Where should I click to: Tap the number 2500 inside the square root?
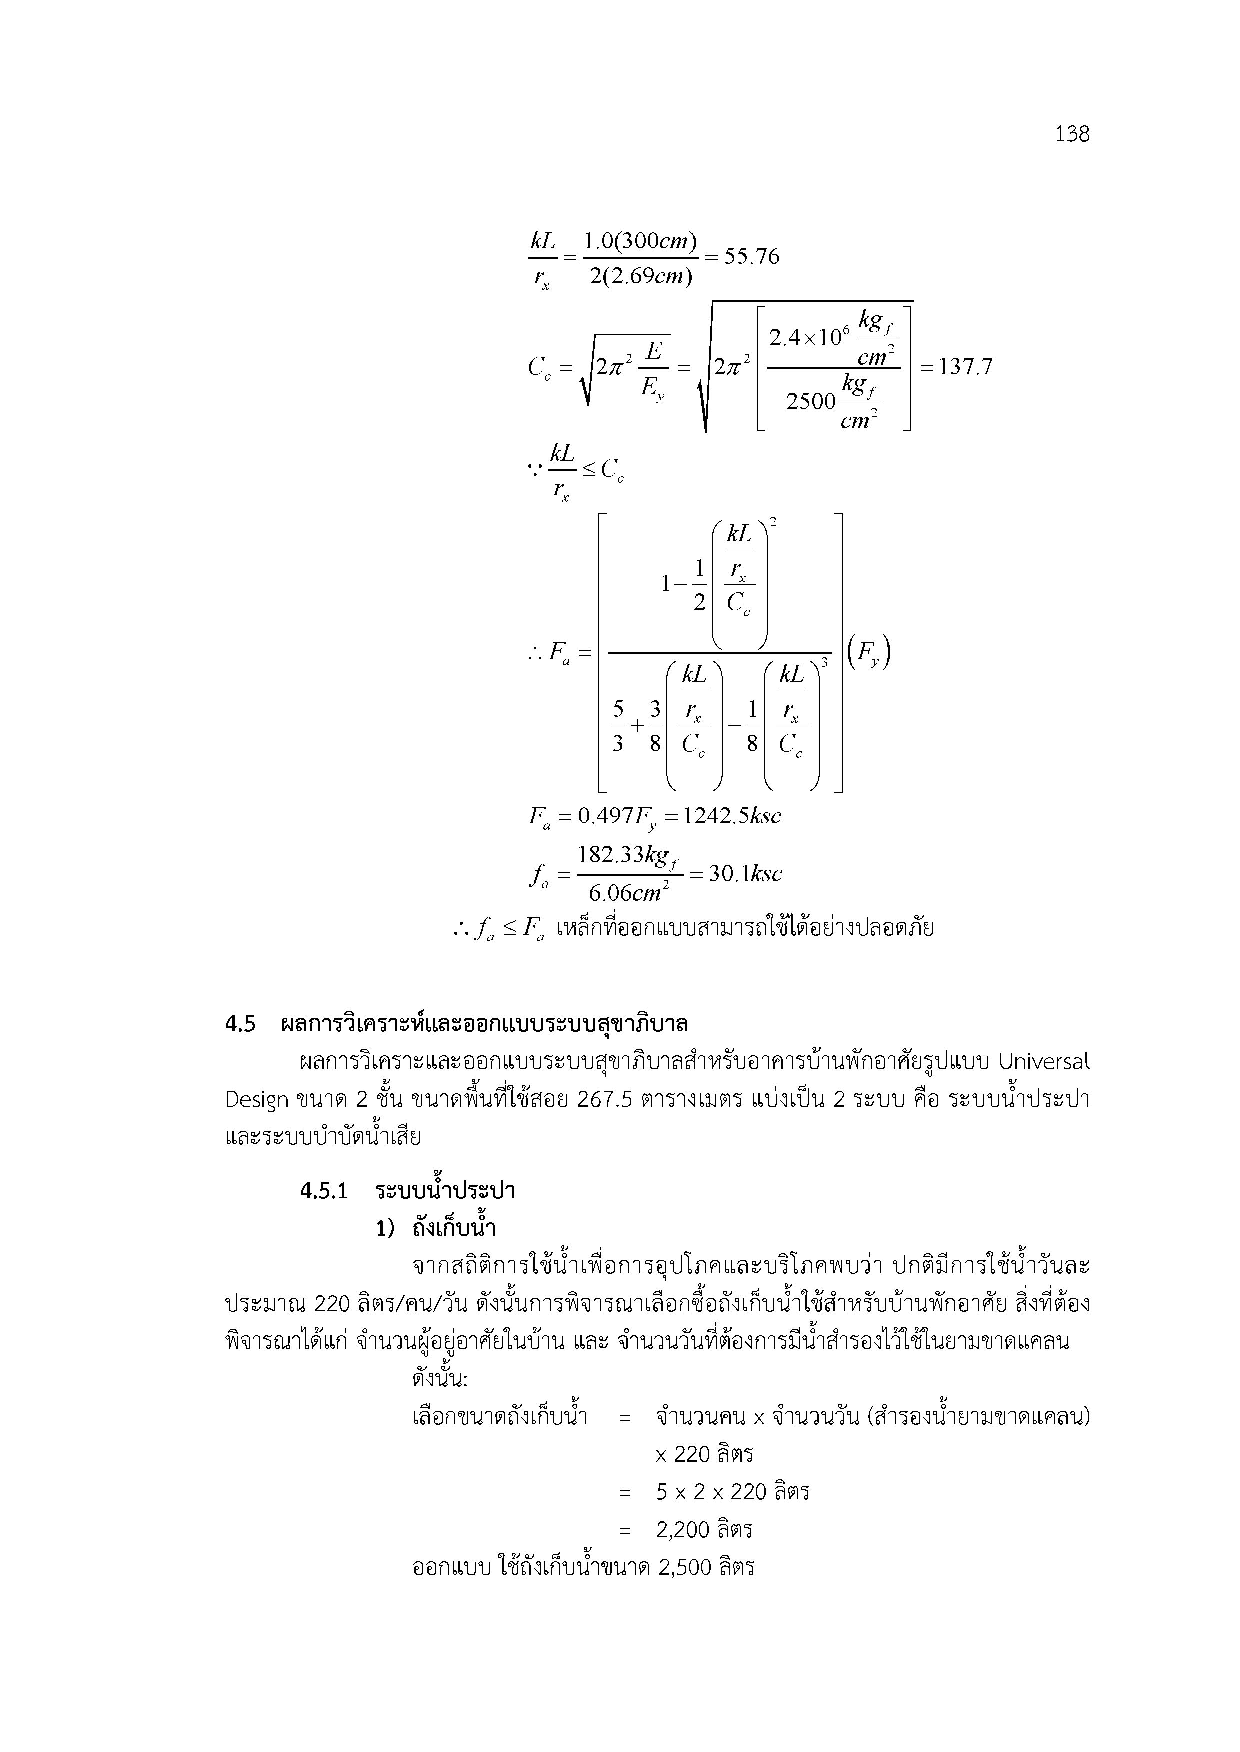(811, 401)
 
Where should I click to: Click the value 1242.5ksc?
(732, 816)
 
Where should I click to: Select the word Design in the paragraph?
(256, 1100)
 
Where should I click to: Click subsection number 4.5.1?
(324, 1191)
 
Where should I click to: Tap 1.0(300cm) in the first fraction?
(640, 241)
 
